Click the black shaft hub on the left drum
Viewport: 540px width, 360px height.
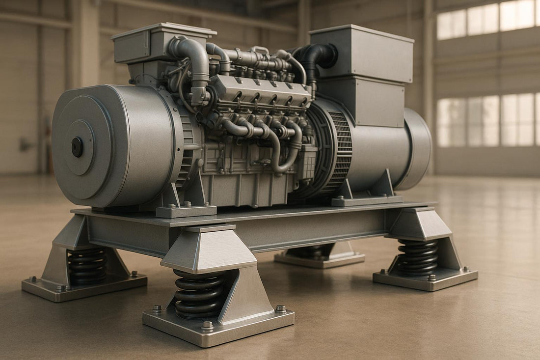click(x=77, y=147)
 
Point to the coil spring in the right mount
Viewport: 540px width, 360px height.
click(x=418, y=257)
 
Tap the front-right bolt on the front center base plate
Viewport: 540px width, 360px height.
click(x=280, y=309)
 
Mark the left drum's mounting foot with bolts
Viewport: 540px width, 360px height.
click(x=186, y=207)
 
